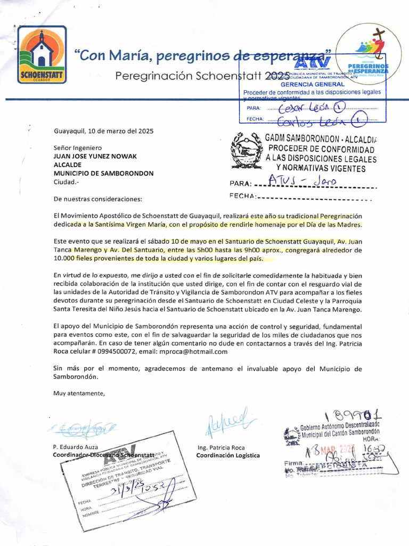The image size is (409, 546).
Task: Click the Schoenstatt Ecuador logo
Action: (42, 54)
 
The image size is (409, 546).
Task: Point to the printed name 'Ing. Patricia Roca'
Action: (220, 447)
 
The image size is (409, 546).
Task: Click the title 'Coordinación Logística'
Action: (227, 455)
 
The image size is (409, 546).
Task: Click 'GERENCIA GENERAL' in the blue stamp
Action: (313, 84)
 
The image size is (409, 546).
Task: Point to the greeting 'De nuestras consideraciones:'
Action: (98, 199)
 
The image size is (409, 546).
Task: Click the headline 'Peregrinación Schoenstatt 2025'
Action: (202, 76)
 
